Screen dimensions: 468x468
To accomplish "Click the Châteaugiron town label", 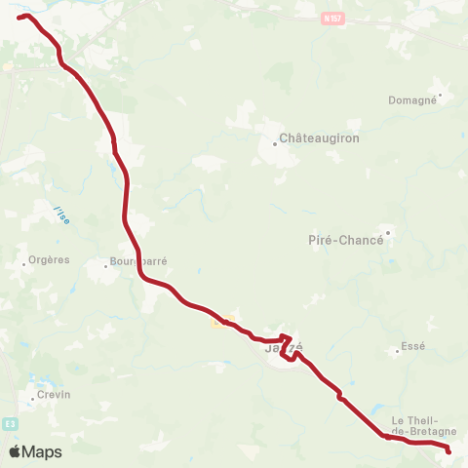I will click(320, 138).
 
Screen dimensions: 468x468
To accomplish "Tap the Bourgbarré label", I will click(140, 262).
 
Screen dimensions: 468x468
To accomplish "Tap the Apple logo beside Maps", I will click(16, 451).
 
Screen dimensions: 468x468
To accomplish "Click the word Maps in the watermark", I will click(42, 452).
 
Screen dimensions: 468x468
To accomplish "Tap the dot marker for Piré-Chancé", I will click(387, 232).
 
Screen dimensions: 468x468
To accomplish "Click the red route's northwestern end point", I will click(19, 18).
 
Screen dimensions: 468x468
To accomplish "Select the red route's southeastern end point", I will click(448, 450).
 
